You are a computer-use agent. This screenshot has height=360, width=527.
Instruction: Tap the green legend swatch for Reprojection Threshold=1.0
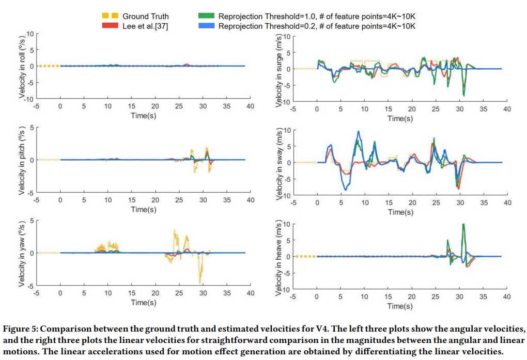(x=206, y=16)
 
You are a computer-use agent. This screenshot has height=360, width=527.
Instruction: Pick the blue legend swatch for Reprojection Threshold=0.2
(x=206, y=26)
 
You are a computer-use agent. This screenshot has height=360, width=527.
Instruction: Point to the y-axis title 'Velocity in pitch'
(x=22, y=161)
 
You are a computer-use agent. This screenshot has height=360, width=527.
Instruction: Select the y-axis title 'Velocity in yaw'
(x=22, y=255)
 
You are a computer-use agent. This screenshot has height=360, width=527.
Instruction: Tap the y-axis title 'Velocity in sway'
(x=279, y=163)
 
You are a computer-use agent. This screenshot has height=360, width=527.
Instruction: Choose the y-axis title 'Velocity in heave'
(x=279, y=257)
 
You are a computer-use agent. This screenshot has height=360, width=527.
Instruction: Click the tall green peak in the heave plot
(x=463, y=224)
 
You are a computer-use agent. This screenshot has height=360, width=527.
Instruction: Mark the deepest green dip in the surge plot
(x=464, y=95)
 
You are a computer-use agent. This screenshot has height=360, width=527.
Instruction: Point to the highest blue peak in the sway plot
(x=358, y=131)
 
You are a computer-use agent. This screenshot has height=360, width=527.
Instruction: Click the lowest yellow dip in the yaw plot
(x=200, y=282)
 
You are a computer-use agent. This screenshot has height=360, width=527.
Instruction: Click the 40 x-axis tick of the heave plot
(x=506, y=296)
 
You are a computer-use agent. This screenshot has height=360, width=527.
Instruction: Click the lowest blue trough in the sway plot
(x=345, y=190)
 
